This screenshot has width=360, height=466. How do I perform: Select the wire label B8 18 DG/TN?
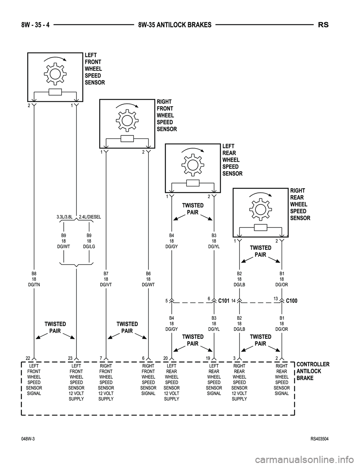(x=34, y=280)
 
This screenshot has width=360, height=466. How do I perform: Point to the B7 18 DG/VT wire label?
(x=106, y=280)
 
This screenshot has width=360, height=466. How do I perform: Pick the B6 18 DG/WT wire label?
(x=148, y=280)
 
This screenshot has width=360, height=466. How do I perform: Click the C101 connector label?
(x=223, y=301)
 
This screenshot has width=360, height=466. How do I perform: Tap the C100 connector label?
(x=291, y=301)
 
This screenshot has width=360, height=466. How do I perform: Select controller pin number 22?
(x=28, y=358)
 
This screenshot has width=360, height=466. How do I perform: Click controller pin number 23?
(x=70, y=358)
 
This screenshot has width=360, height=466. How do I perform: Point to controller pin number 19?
(x=208, y=358)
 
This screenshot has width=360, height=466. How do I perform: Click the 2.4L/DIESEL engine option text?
(x=90, y=217)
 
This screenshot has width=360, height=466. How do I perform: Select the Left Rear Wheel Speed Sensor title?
(x=232, y=160)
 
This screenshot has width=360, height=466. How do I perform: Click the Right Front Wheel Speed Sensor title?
(x=166, y=115)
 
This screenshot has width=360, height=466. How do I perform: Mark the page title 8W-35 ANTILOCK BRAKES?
(x=175, y=25)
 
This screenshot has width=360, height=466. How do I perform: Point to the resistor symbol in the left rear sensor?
(x=193, y=183)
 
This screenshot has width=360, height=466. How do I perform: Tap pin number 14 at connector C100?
(x=233, y=301)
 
